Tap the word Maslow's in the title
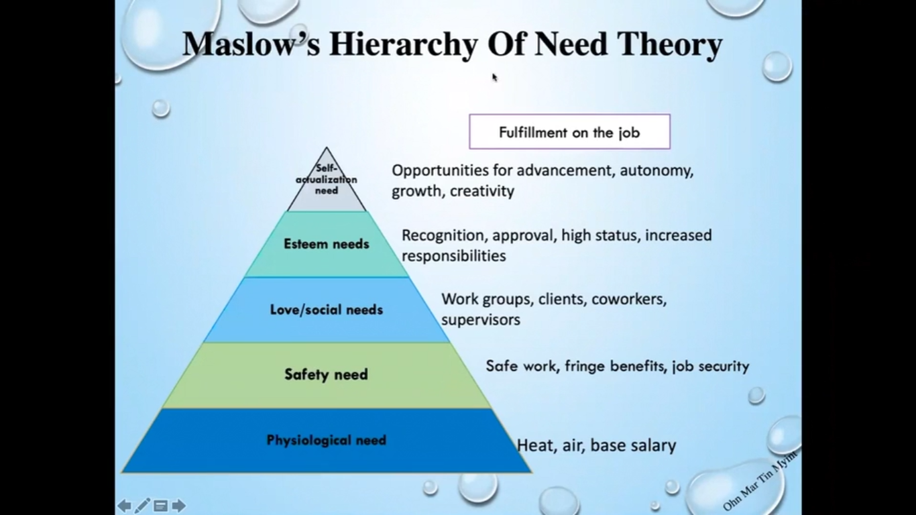click(251, 44)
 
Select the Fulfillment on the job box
click(569, 131)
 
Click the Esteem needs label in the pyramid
click(327, 244)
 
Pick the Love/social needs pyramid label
click(327, 310)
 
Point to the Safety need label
click(327, 374)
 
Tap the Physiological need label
click(327, 440)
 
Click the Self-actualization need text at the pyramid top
click(327, 179)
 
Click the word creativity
click(482, 191)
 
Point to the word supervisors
click(481, 320)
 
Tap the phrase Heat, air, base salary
click(597, 445)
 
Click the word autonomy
click(656, 171)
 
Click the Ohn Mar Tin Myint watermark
click(760, 481)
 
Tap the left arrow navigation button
click(125, 506)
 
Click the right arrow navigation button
click(178, 506)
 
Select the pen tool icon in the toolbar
click(142, 506)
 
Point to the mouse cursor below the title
click(494, 77)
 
